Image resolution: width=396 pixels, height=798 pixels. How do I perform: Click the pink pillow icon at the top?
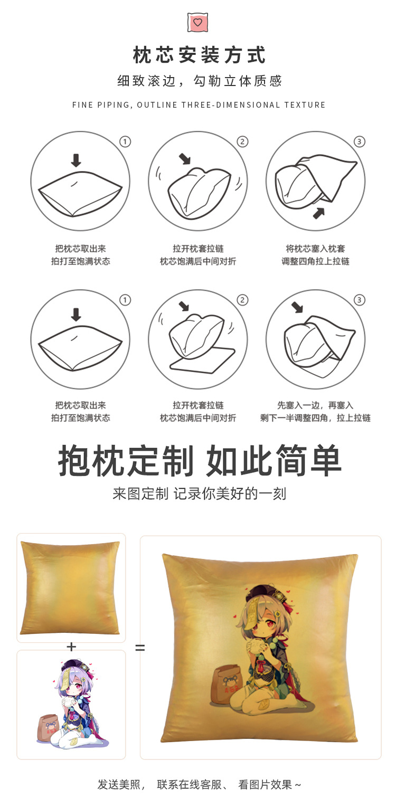[198, 22]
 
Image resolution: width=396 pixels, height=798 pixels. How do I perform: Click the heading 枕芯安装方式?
[199, 55]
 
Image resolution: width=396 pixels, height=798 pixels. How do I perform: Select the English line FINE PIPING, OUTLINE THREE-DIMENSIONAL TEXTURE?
[199, 105]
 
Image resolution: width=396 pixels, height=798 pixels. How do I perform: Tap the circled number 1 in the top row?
[125, 142]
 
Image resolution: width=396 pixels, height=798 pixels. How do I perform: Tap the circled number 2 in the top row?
[242, 142]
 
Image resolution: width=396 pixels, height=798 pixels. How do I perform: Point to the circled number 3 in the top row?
[360, 142]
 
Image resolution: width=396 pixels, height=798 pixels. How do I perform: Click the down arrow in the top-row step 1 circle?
[76, 160]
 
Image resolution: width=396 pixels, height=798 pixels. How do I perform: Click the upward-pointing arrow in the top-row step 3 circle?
[318, 213]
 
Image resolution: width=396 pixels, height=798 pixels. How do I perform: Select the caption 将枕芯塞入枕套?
[315, 249]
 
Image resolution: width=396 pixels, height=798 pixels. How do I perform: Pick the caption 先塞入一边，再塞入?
[315, 405]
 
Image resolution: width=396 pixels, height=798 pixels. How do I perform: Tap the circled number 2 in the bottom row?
[242, 300]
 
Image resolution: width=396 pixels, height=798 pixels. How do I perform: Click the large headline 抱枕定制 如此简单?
[199, 461]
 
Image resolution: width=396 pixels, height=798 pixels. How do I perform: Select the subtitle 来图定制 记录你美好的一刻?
[199, 494]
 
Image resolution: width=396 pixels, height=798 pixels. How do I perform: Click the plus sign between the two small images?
[71, 647]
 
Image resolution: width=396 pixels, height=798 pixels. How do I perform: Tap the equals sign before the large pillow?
[140, 648]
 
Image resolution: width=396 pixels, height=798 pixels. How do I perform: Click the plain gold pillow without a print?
[70, 587]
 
